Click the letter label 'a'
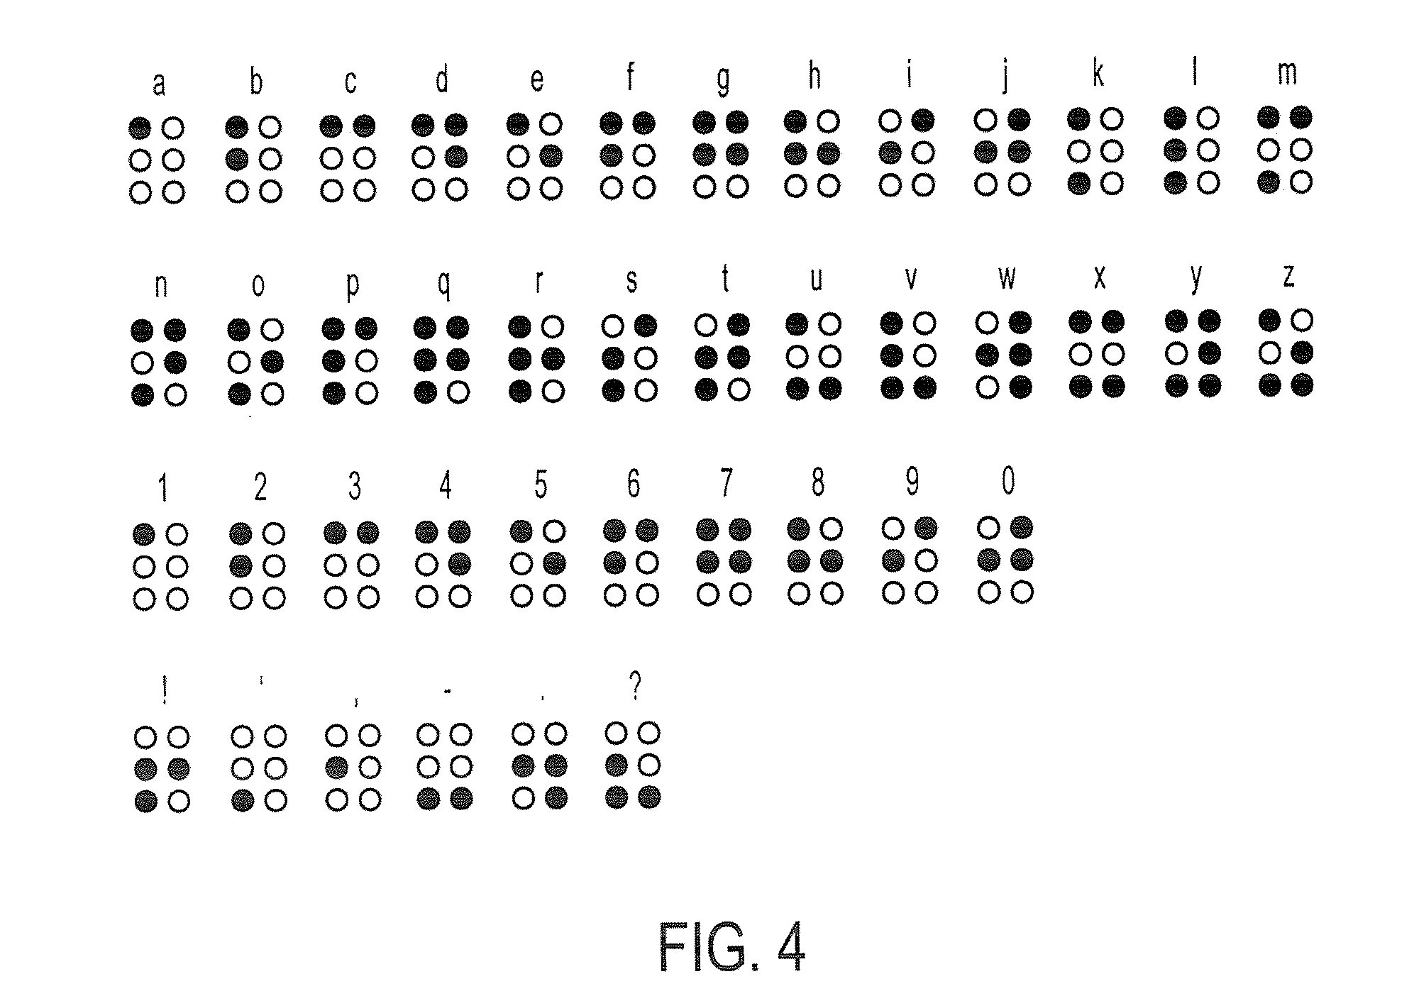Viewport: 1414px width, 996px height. point(159,84)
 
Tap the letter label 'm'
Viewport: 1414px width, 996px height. point(1287,73)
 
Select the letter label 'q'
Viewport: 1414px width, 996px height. point(443,283)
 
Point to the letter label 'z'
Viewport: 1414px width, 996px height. point(1288,275)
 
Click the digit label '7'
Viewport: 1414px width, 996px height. point(725,484)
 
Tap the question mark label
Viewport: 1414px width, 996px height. point(635,685)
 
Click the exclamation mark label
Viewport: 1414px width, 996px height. point(165,690)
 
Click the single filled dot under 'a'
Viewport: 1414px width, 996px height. point(140,128)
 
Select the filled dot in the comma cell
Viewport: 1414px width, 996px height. point(336,768)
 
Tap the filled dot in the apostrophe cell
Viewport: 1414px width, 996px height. point(243,801)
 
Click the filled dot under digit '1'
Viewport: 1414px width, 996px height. point(144,534)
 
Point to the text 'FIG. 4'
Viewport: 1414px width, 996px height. point(731,946)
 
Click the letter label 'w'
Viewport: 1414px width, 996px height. point(1007,277)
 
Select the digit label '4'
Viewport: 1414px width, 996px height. point(445,486)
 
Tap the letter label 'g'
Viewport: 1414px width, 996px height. point(723,79)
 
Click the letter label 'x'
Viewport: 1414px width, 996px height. point(1100,277)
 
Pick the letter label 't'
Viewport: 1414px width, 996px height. point(725,278)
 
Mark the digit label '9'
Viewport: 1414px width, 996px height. point(912,482)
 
